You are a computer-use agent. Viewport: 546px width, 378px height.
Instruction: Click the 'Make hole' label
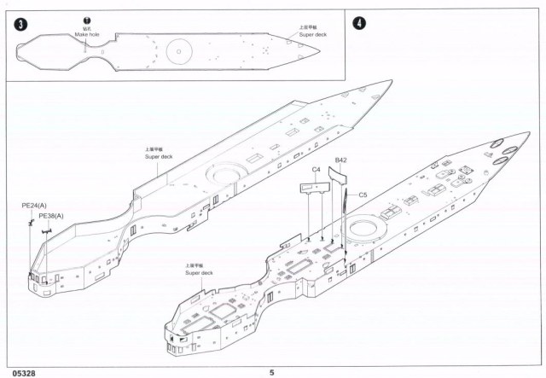point(86,33)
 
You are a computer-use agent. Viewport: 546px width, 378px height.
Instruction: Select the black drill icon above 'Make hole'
point(86,19)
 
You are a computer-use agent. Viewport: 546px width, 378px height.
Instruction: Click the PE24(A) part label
point(34,206)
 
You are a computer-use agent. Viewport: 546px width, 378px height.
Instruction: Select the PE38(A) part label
point(52,217)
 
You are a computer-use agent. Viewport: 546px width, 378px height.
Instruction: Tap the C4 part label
point(316,170)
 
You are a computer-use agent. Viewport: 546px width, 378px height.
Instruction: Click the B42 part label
point(340,160)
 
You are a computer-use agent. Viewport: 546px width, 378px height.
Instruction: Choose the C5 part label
point(363,194)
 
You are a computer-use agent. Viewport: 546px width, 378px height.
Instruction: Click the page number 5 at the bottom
point(272,372)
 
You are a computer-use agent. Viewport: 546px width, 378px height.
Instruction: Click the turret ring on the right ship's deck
point(367,228)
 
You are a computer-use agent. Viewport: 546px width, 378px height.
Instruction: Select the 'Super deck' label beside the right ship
point(199,269)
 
